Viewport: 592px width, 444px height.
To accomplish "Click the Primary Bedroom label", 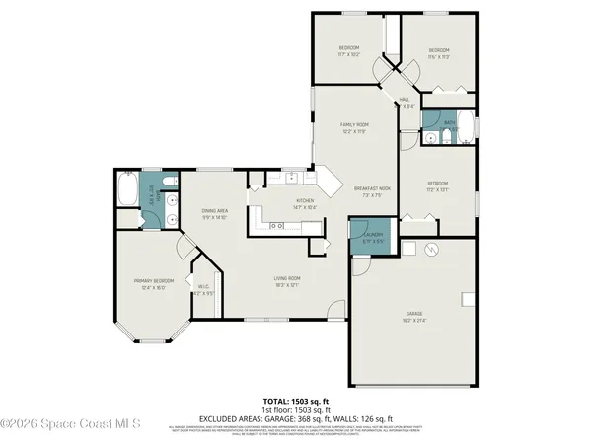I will click(154, 284).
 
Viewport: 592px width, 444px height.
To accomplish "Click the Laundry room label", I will click(371, 238).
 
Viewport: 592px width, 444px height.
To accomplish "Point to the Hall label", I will click(407, 103).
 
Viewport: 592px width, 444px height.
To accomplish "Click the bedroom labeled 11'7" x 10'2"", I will click(349, 51).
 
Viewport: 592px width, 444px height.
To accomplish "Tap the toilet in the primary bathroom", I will click(170, 183).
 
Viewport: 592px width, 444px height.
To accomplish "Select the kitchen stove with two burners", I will click(276, 226).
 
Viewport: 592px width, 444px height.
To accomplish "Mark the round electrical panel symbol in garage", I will click(430, 251).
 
